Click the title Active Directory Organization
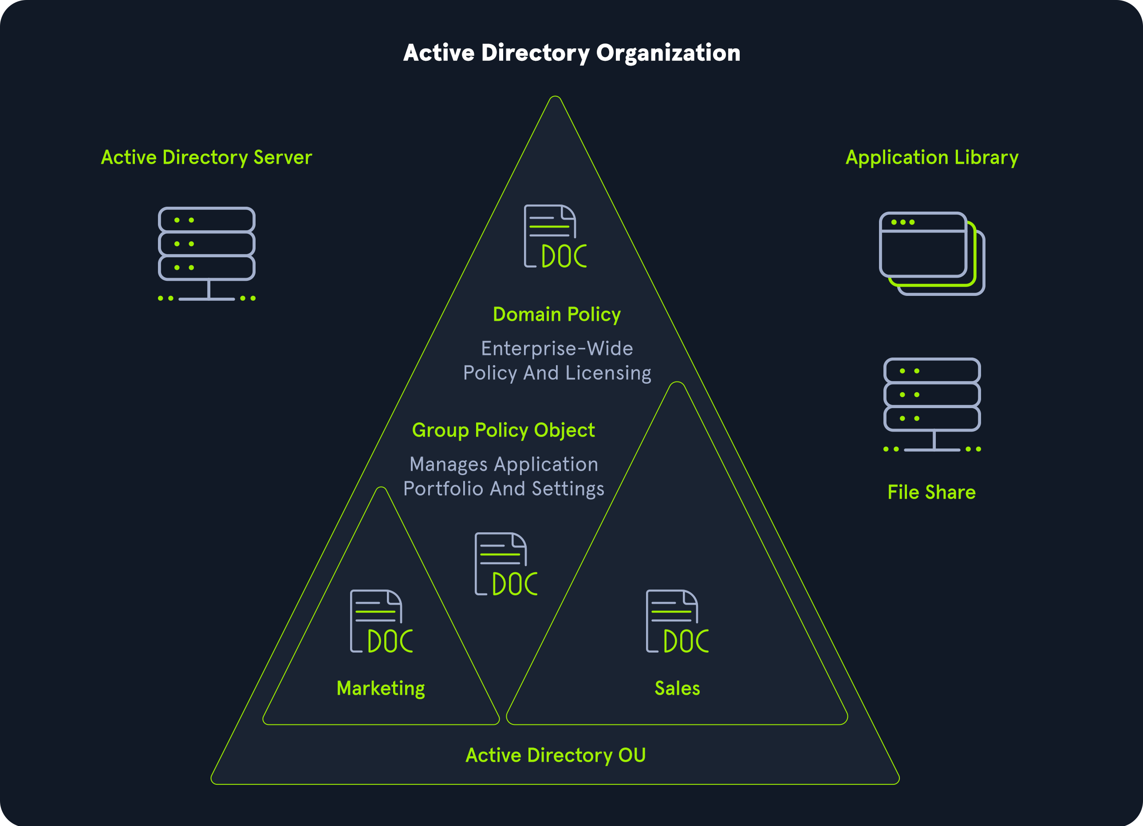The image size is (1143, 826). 571,53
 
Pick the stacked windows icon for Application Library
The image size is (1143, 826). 931,253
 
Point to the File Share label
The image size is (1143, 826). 931,492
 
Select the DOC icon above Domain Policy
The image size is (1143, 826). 555,236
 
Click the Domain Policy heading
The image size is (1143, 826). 556,315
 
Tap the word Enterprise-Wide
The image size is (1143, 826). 556,349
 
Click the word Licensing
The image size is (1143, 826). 608,374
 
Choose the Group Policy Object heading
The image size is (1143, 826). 503,430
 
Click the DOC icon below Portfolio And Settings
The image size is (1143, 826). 505,564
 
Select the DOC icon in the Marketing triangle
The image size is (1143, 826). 381,621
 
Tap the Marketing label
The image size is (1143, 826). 381,688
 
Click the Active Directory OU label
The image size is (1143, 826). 556,755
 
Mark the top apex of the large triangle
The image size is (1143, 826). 555,97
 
